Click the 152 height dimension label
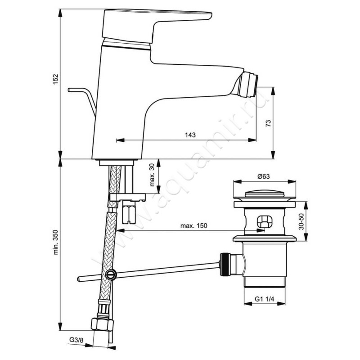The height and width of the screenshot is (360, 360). [56, 79]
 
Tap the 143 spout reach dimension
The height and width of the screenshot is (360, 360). [190, 135]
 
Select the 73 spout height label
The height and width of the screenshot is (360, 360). [268, 123]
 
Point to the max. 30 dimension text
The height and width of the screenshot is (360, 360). [152, 175]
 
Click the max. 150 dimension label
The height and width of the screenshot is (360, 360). [193, 226]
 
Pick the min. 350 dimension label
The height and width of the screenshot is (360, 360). [56, 242]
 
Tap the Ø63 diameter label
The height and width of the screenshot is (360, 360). [263, 176]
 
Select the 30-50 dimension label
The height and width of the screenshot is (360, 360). [301, 221]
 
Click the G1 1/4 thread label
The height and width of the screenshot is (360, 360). [265, 299]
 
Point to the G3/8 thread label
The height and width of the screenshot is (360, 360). [76, 340]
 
